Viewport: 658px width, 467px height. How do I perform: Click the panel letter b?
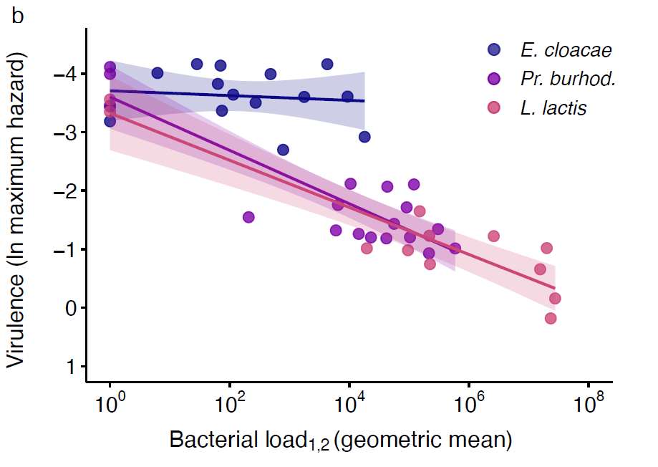pyautogui.click(x=18, y=16)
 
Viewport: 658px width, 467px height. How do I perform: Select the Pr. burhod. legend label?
pyautogui.click(x=568, y=79)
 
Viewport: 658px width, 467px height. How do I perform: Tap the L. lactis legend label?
pyautogui.click(x=553, y=108)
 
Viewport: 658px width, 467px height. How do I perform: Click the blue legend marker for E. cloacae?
pyautogui.click(x=494, y=49)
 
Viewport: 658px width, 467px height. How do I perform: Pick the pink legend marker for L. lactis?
pyautogui.click(x=494, y=107)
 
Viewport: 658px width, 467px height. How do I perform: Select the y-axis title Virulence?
pyautogui.click(x=21, y=213)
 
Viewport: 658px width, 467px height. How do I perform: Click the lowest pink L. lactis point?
pyautogui.click(x=551, y=318)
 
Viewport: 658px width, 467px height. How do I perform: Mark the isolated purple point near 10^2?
pyautogui.click(x=248, y=217)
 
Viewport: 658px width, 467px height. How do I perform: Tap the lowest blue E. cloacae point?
pyautogui.click(x=283, y=150)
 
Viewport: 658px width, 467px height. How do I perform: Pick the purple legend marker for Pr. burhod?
pyautogui.click(x=494, y=79)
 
